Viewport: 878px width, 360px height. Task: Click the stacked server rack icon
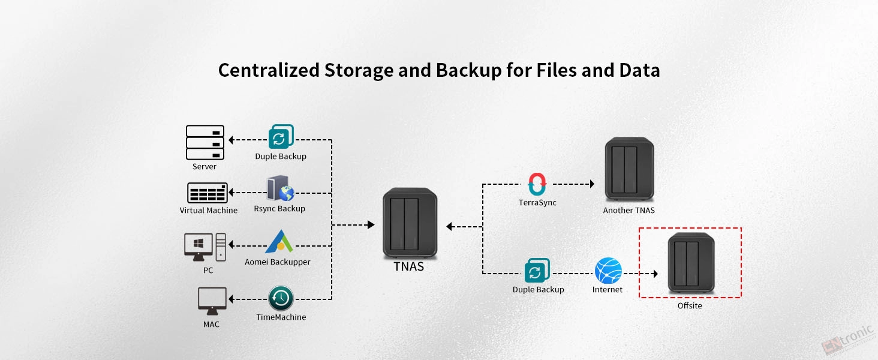(205, 142)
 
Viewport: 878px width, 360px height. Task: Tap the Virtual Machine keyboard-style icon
(208, 193)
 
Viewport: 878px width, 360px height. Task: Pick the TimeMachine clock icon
(281, 298)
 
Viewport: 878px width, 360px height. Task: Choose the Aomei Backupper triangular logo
(279, 242)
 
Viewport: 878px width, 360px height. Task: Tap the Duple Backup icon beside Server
(281, 136)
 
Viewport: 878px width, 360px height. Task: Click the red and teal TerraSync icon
(537, 184)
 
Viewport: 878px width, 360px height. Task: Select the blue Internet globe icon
(608, 271)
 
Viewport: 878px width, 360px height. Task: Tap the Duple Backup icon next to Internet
(537, 270)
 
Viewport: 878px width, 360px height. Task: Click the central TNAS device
(410, 223)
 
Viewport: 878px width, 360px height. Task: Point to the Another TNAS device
(629, 169)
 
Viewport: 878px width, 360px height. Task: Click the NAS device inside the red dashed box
(691, 263)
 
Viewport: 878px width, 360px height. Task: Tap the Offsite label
(690, 305)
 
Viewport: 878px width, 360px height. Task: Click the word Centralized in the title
(269, 70)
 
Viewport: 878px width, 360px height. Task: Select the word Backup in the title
(468, 71)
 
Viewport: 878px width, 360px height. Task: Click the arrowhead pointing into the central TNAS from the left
(371, 225)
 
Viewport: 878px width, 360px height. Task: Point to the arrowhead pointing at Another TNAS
(592, 184)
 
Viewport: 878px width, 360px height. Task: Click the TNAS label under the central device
(409, 266)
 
